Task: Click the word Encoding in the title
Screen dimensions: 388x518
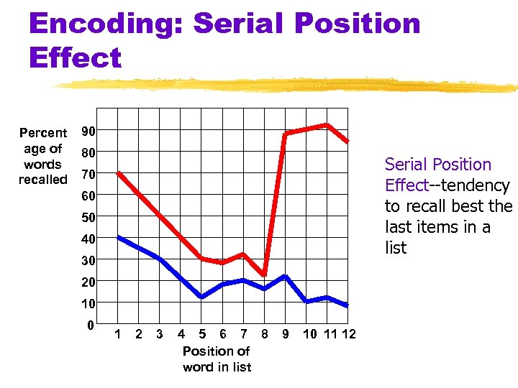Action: [x=106, y=23]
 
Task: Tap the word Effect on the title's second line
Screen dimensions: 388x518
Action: [x=75, y=57]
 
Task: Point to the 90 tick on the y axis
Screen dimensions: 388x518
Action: [x=88, y=131]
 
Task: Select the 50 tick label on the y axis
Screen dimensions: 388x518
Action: [x=88, y=217]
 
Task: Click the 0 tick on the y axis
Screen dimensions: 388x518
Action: [x=89, y=325]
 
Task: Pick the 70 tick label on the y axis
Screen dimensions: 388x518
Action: [x=88, y=175]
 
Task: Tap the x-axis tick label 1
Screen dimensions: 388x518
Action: [x=118, y=334]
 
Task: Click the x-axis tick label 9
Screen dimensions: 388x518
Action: [x=286, y=334]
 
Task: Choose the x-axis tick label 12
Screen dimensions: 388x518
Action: [x=349, y=334]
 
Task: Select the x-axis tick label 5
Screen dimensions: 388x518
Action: [x=202, y=334]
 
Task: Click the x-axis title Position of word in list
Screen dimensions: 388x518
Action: [x=217, y=359]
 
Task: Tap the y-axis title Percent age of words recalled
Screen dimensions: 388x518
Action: [x=43, y=156]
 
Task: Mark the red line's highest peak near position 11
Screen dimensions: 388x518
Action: [x=327, y=125]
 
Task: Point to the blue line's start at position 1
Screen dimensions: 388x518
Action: [x=119, y=237]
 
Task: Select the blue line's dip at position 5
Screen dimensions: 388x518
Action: [x=201, y=297]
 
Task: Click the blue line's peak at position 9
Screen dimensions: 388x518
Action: [x=286, y=276]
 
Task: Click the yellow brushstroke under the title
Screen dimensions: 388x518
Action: [x=288, y=86]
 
